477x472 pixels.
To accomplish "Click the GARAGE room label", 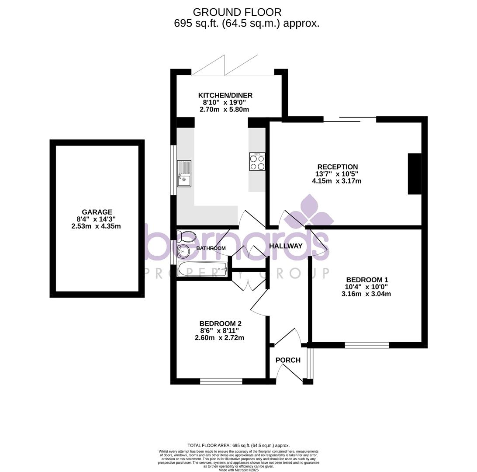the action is point(97,212).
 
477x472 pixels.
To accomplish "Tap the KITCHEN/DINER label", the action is point(225,95).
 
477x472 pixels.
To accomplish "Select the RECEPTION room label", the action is point(338,167).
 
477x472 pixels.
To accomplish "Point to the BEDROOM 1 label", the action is point(367,280).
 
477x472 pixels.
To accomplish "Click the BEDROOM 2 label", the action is point(220,323).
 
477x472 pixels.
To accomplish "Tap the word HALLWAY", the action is point(286,246).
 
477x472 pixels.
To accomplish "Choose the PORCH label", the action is point(288,360).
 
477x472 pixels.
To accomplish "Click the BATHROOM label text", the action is point(211,248).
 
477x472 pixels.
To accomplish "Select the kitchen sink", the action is point(184,173).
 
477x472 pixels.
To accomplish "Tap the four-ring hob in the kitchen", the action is point(257,162).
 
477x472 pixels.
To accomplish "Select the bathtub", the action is point(202,269).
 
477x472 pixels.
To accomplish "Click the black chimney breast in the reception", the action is point(415,174).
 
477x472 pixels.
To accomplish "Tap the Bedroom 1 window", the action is point(367,345).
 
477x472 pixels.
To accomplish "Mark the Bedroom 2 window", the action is point(221,381).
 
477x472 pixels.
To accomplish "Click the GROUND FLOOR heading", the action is point(237,12).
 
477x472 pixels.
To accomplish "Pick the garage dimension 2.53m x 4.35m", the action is point(96,226).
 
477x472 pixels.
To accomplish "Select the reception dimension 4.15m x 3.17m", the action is point(337,181).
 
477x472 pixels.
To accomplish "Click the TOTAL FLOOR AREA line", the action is point(238,445).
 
